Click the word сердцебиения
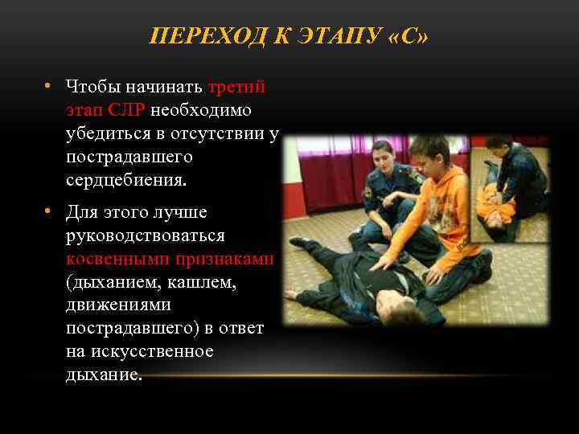click(125, 180)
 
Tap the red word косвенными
click(115, 260)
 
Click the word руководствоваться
click(146, 237)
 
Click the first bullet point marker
click(50, 86)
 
